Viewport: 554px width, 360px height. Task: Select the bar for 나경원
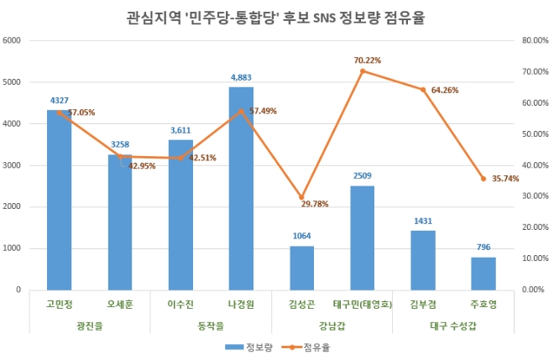241,188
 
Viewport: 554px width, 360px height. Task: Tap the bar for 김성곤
301,268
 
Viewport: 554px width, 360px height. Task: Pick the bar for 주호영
483,274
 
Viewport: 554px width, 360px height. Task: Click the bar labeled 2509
362,237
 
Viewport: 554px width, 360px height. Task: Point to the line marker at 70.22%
362,71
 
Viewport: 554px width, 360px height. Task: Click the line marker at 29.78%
301,197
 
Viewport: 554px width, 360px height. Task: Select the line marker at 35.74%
483,179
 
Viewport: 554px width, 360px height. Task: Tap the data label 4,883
241,78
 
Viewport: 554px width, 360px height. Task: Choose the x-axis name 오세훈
119,304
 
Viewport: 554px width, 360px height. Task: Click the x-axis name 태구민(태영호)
362,304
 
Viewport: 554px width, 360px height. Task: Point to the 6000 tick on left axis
13,40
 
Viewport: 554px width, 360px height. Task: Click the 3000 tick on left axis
13,165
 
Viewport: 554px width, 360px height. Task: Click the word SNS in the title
302,14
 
